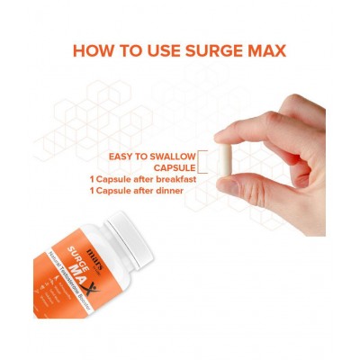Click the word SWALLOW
(169, 156)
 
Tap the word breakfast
(171, 181)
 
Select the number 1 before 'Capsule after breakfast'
(94, 181)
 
